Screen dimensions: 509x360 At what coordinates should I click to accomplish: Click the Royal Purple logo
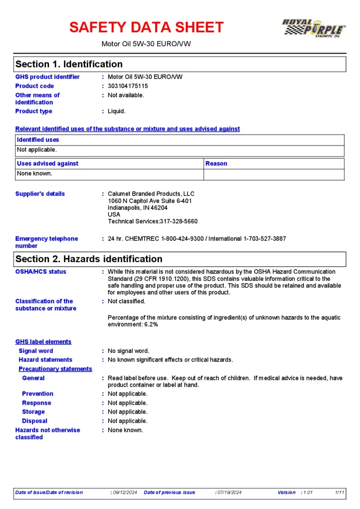click(x=313, y=28)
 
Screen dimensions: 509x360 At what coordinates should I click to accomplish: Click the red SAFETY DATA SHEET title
click(x=146, y=27)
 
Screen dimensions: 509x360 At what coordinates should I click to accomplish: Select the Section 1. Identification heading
click(x=69, y=64)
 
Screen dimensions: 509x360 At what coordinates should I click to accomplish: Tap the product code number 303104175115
click(x=128, y=86)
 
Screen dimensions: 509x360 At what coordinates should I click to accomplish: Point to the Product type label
click(x=34, y=111)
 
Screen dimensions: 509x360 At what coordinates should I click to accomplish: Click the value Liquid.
click(x=117, y=111)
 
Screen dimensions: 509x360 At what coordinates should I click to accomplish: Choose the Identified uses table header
click(x=38, y=140)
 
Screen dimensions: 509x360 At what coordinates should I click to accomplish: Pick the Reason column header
click(x=216, y=164)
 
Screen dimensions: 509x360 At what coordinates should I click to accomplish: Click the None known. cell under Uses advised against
click(x=35, y=173)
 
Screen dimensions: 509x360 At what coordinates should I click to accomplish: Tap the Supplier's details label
click(x=40, y=194)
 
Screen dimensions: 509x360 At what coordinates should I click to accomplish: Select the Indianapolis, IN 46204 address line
click(x=138, y=208)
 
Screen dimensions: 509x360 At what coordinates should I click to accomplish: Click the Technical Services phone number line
click(x=153, y=221)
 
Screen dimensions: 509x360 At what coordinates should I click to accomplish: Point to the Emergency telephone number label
click(x=46, y=242)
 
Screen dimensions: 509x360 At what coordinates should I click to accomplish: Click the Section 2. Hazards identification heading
click(x=89, y=259)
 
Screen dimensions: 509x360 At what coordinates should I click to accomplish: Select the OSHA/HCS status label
click(x=40, y=272)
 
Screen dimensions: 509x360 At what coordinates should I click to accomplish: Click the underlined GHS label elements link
click(x=43, y=342)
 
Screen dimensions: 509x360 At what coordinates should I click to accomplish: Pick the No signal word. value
click(x=128, y=351)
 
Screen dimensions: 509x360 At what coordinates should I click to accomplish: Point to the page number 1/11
click(x=340, y=492)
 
